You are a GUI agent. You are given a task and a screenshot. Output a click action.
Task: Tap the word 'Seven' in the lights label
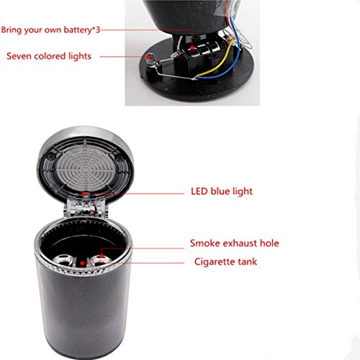point(20,56)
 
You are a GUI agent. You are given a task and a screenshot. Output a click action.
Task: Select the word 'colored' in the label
point(52,56)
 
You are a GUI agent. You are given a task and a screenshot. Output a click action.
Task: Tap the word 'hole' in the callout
point(271,243)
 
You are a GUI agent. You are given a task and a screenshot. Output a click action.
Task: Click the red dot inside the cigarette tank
point(85,263)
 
